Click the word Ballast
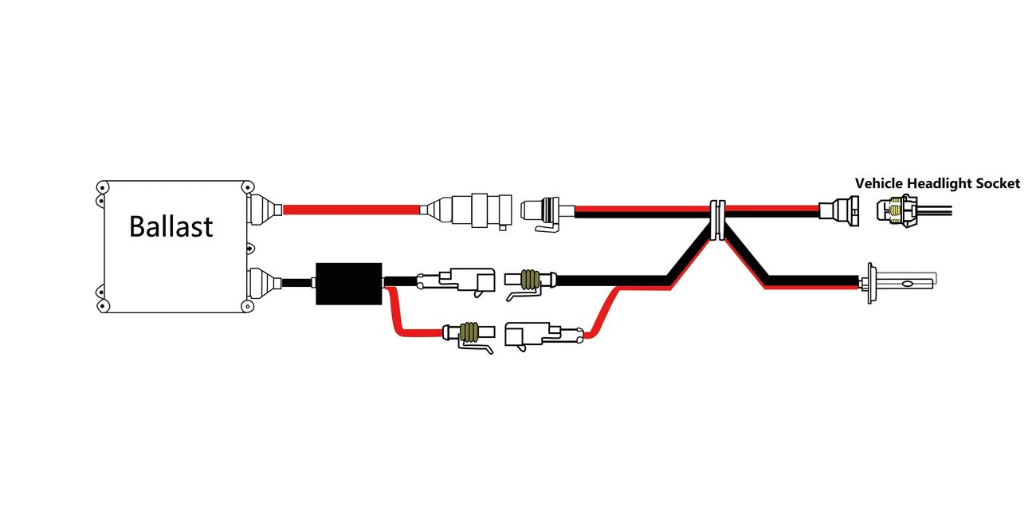click(x=171, y=226)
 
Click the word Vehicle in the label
click(x=879, y=183)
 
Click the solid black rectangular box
click(x=349, y=284)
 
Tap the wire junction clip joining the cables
click(x=717, y=220)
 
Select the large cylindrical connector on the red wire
click(x=466, y=210)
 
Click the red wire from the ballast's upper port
click(x=351, y=210)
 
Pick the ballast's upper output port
click(x=264, y=210)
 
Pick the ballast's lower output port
click(x=264, y=283)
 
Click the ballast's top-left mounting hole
click(x=102, y=187)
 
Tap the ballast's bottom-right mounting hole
click(x=248, y=306)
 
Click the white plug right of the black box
click(x=456, y=281)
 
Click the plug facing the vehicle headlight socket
click(x=839, y=211)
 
